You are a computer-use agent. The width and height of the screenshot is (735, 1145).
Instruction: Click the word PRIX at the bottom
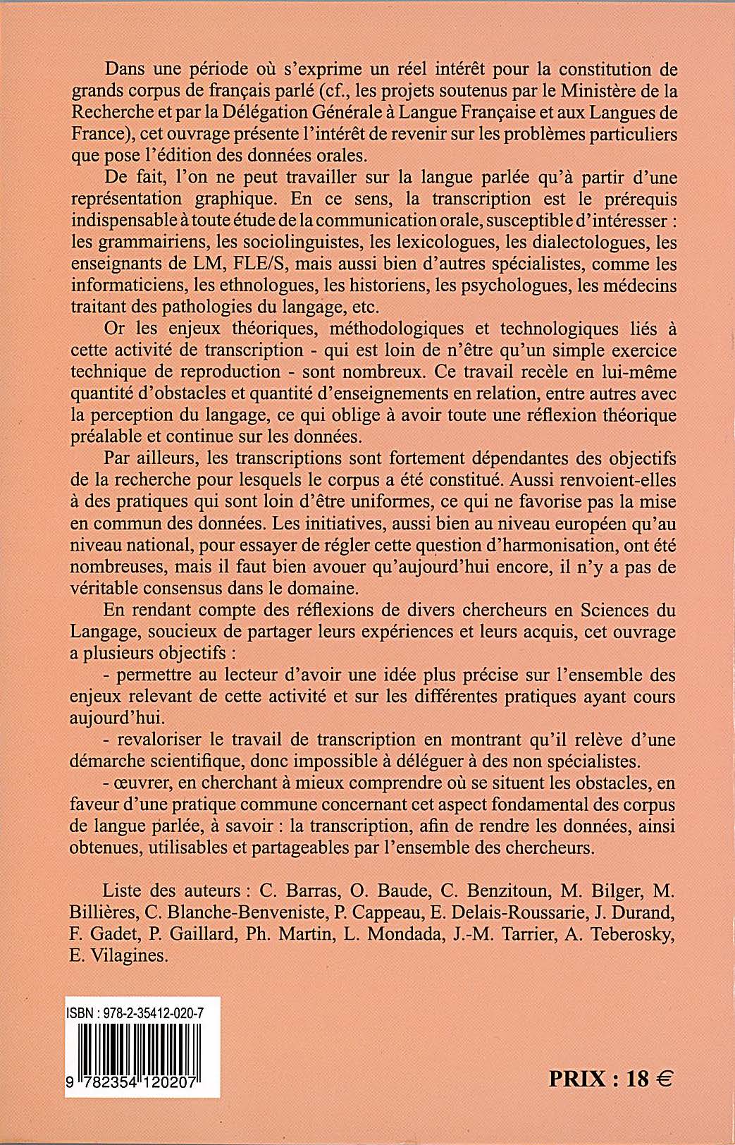coord(577,1079)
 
